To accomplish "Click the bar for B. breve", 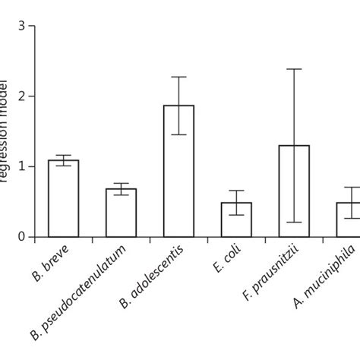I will pyautogui.click(x=64, y=199).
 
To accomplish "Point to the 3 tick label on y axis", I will pyautogui.click(x=22, y=27).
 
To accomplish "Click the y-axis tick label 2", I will pyautogui.click(x=22, y=96).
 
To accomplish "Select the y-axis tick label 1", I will pyautogui.click(x=22, y=167).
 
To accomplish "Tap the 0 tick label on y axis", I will pyautogui.click(x=22, y=238).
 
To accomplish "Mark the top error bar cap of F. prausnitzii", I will pyautogui.click(x=294, y=69).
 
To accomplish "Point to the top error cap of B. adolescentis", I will pyautogui.click(x=178, y=77).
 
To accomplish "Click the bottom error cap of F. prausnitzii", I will pyautogui.click(x=294, y=222).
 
